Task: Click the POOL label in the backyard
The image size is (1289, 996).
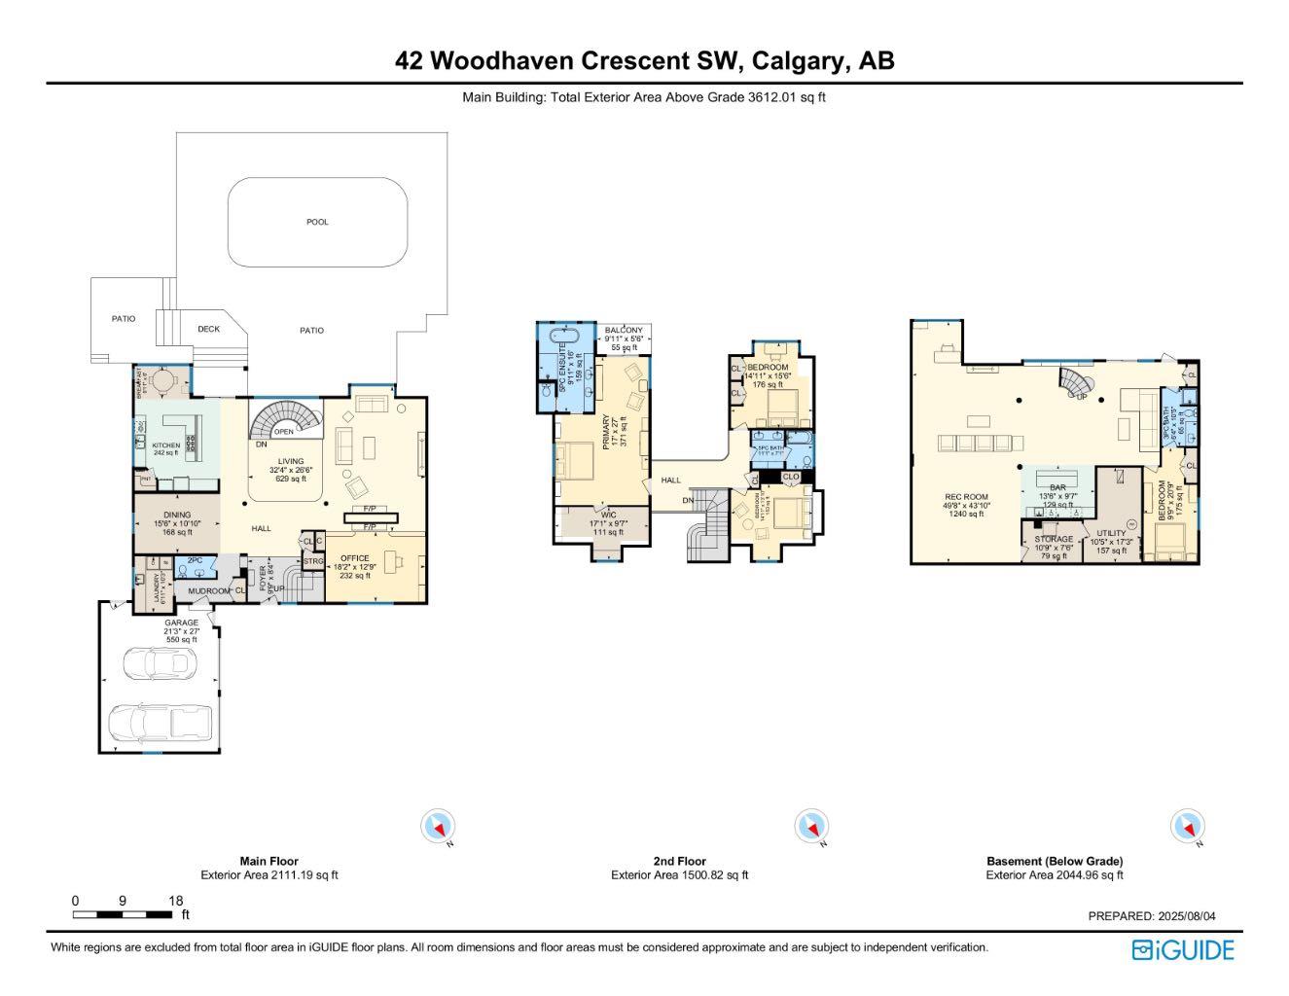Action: [317, 222]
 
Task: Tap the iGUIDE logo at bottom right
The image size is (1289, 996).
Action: [1182, 949]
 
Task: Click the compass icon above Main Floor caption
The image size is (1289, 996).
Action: [438, 827]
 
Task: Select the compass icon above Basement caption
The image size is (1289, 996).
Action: [1187, 827]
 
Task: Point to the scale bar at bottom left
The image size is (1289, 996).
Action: [123, 914]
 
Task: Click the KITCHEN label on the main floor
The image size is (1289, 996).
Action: [166, 445]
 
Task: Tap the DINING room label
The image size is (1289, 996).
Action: [177, 515]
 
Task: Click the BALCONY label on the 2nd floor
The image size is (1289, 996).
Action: [623, 332]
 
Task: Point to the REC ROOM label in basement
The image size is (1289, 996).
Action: [966, 497]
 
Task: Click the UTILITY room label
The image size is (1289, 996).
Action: [1111, 533]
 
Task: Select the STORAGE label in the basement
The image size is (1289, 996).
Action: [1054, 539]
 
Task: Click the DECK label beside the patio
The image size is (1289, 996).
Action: [208, 329]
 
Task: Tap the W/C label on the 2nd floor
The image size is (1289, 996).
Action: [608, 515]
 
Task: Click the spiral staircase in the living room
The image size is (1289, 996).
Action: [285, 421]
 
